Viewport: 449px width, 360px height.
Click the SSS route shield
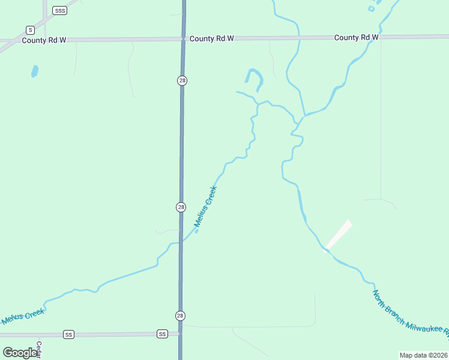coord(59,11)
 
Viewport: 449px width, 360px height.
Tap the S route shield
coord(29,29)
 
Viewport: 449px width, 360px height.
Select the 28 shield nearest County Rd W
coord(181,80)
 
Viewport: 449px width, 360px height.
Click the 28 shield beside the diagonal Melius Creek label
coord(181,207)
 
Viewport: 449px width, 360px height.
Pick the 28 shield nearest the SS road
coord(181,316)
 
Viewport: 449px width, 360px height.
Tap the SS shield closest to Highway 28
coord(162,334)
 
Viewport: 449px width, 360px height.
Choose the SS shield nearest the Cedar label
coord(68,334)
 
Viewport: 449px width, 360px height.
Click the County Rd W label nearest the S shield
coord(44,40)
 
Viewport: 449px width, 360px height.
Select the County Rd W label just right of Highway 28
coord(211,38)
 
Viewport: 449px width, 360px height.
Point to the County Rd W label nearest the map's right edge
coord(357,37)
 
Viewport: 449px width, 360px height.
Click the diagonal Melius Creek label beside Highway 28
coord(205,208)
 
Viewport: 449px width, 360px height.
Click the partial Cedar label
coord(38,350)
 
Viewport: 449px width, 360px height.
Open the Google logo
coord(20,353)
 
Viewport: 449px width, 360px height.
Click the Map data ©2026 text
coord(423,355)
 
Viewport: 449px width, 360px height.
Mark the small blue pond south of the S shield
coord(35,71)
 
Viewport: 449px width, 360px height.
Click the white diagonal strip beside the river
coord(339,235)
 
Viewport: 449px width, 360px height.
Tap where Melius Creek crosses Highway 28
coord(181,242)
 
